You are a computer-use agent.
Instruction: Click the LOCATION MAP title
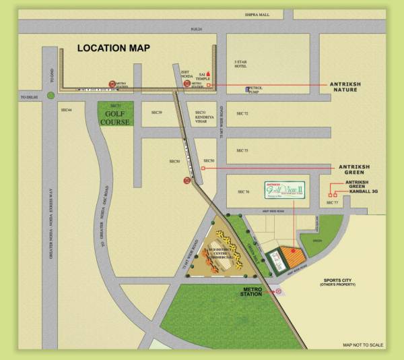(113, 48)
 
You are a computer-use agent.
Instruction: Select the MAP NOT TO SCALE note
(363, 344)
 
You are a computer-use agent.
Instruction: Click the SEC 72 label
(242, 113)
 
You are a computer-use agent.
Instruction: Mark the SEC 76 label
(243, 192)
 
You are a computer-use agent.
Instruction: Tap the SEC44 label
(66, 109)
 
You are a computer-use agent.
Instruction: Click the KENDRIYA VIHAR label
(204, 119)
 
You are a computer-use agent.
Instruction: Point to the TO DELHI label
(28, 97)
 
